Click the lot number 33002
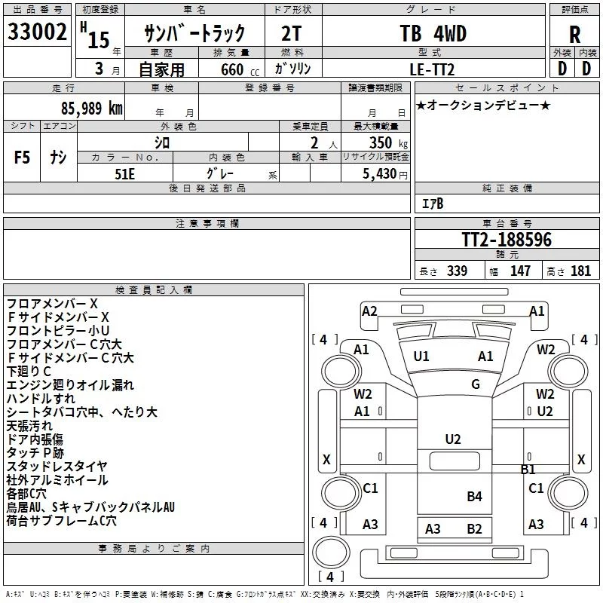[37, 32]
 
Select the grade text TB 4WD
[433, 33]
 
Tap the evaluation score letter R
[574, 35]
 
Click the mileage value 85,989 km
[92, 109]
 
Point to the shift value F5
[22, 158]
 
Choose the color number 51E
[124, 174]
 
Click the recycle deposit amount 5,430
[380, 174]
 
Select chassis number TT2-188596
[507, 240]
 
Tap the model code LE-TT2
[432, 69]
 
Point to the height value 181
[580, 271]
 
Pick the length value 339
[458, 271]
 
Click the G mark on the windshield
[476, 384]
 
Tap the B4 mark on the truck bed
[474, 497]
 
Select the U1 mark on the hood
[421, 357]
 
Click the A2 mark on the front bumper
[369, 311]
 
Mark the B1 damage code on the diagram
[528, 469]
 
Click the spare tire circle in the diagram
[331, 552]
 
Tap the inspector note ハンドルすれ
[41, 399]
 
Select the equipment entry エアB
[433, 204]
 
